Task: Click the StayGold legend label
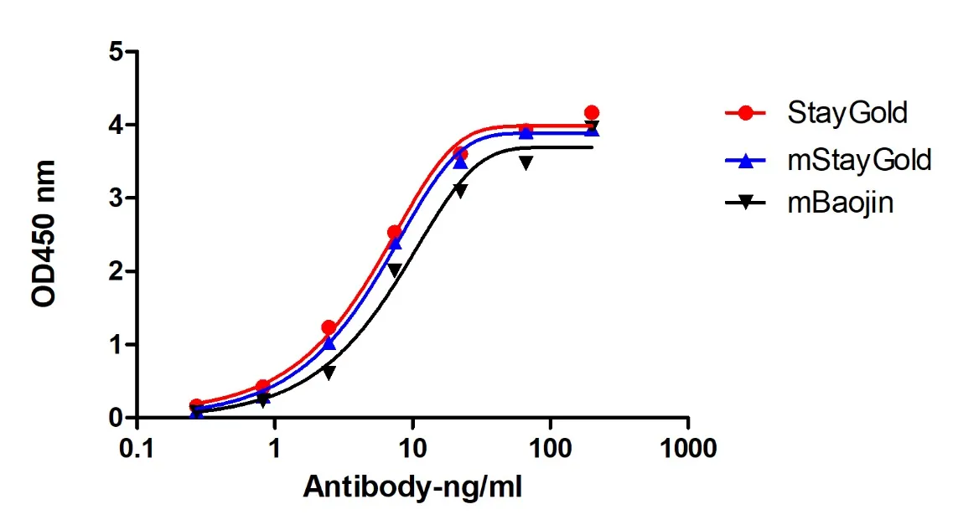point(847,112)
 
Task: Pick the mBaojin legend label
point(841,203)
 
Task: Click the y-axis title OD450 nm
point(43,234)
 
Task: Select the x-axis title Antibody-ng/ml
point(412,487)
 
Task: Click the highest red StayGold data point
point(591,112)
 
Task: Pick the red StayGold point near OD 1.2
point(329,327)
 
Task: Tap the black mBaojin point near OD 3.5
point(526,162)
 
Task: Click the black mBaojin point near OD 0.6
point(329,373)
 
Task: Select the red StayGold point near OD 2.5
point(395,232)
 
